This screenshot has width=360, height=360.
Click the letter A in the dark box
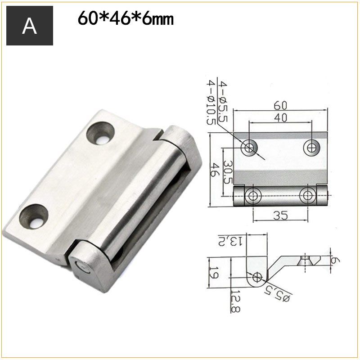tap(30, 26)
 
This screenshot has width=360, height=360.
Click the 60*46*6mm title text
tap(126, 19)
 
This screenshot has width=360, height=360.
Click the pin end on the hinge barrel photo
tap(84, 268)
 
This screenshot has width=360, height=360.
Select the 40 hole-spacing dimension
tap(279, 118)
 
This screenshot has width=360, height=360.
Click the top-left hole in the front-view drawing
tap(248, 148)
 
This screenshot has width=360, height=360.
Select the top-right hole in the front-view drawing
tap(311, 147)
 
